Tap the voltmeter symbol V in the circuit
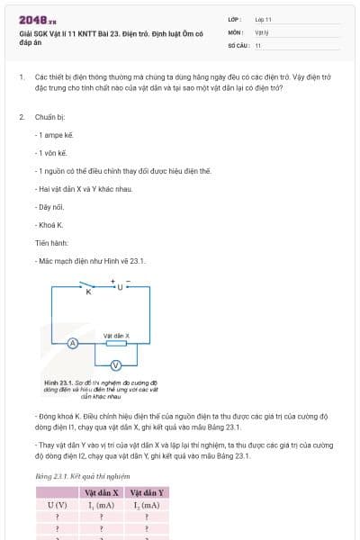115,364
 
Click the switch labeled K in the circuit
88,291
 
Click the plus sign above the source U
113,281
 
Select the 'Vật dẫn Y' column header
147,493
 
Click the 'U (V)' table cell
58,506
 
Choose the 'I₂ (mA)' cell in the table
147,506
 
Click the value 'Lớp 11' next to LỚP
264,19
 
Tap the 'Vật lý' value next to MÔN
262,31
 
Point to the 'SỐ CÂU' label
238,44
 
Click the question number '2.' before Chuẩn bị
21,117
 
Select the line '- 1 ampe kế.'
55,134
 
